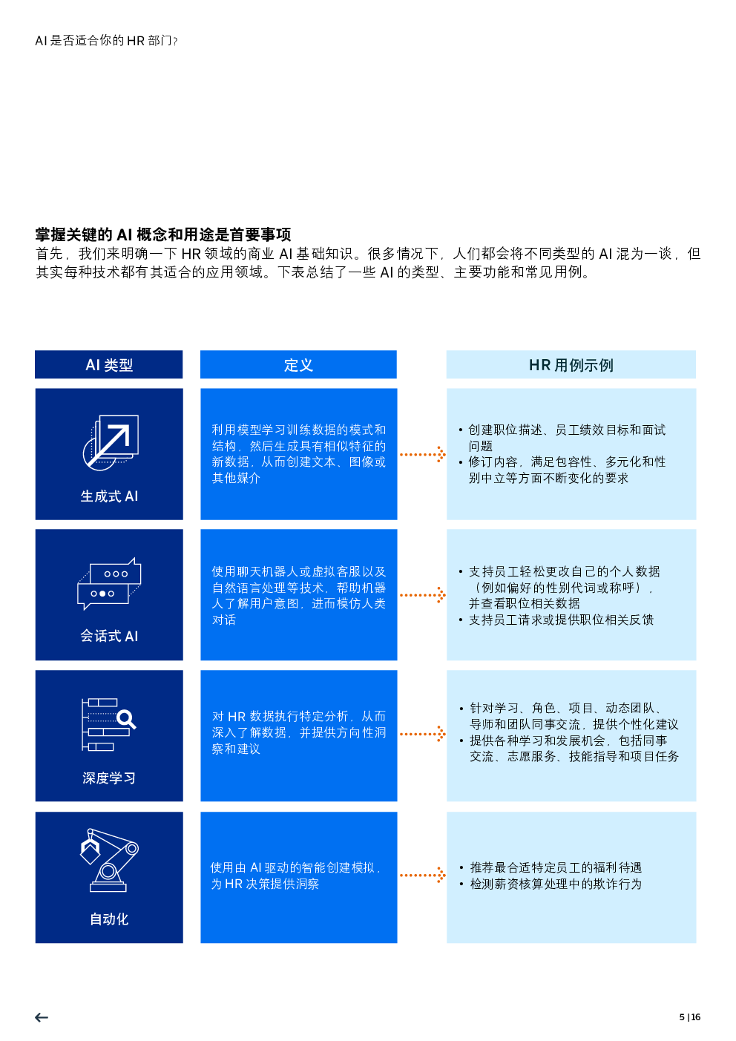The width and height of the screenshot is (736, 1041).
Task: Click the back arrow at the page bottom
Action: [42, 1017]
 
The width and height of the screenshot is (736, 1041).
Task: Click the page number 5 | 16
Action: [689, 1017]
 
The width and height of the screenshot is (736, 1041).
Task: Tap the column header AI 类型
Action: [109, 365]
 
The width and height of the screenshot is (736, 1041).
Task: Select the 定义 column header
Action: [298, 365]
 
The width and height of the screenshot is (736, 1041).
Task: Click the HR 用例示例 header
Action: [571, 365]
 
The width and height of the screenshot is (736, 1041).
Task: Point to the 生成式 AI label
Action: [109, 496]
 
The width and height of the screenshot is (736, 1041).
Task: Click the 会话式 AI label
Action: [109, 635]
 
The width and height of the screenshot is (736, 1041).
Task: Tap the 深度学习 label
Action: [109, 778]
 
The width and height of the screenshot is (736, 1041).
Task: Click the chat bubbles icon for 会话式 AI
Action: [109, 584]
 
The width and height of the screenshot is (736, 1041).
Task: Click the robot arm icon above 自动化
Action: [110, 860]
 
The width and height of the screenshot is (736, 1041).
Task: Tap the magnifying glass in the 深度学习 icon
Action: [126, 720]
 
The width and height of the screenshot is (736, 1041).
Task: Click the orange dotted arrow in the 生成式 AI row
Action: [422, 454]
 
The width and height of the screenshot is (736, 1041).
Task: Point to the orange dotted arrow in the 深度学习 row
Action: [422, 734]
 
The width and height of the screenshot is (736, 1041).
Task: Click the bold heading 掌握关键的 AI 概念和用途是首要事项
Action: [163, 234]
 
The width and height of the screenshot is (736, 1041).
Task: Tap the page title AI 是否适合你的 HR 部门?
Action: [106, 41]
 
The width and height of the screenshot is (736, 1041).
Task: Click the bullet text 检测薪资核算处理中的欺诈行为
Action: [556, 884]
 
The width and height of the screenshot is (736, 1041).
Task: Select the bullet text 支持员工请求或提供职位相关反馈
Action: [562, 620]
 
